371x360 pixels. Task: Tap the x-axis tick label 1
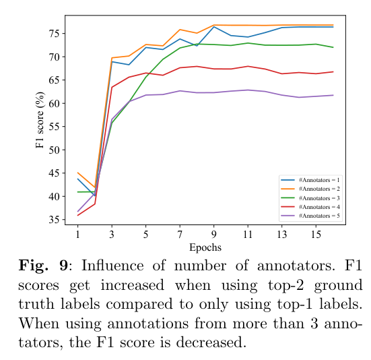pos(78,234)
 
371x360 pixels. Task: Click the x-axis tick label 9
pos(214,234)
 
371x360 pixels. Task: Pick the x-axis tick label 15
pos(316,234)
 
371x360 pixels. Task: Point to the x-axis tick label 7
pos(180,234)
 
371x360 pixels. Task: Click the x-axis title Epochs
pos(205,247)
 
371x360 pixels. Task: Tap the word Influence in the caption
pos(112,265)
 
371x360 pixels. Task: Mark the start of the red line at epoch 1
pos(78,216)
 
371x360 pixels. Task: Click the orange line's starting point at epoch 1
pos(78,173)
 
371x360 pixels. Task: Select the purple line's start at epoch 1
pos(78,212)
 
